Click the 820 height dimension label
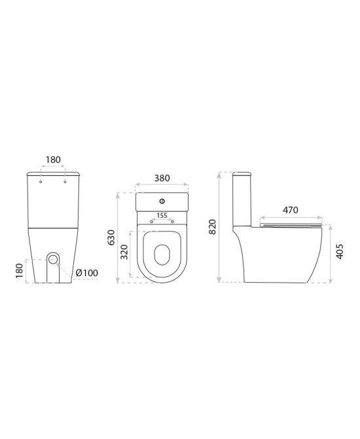point(213,227)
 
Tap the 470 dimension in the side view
point(290,210)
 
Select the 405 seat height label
point(339,251)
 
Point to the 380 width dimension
point(162,178)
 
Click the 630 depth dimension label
point(111,237)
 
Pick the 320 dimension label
point(124,252)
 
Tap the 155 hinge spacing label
point(162,215)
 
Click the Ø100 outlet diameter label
point(87,273)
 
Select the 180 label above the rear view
point(53,160)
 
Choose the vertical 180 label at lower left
point(20,270)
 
